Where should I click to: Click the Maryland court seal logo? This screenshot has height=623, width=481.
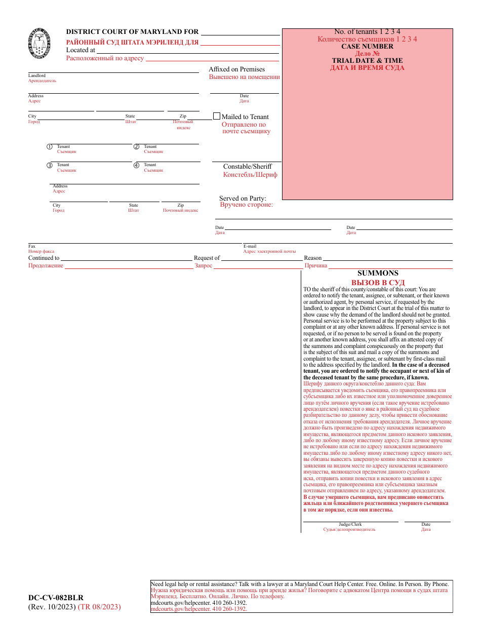click(x=40, y=45)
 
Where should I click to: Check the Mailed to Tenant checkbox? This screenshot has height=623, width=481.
click(x=217, y=116)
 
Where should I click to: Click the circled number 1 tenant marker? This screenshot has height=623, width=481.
click(x=50, y=147)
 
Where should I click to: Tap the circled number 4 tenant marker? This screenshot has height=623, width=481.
click(x=136, y=165)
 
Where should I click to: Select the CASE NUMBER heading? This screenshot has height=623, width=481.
click(x=367, y=46)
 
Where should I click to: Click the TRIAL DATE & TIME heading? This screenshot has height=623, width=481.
click(x=367, y=60)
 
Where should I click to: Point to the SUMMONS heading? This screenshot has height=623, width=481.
click(x=378, y=273)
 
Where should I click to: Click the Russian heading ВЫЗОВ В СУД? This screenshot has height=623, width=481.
click(x=378, y=282)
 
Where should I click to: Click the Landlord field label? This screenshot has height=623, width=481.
click(x=36, y=75)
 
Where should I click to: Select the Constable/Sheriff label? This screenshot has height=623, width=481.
click(x=248, y=166)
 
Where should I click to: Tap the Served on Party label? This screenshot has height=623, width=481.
click(x=243, y=198)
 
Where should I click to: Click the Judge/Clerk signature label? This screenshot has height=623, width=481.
click(x=350, y=524)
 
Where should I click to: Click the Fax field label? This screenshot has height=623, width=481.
click(x=32, y=246)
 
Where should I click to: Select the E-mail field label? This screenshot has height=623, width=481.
click(x=250, y=246)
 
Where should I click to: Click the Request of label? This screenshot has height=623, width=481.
click(x=207, y=258)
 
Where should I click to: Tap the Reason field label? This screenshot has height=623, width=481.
click(x=312, y=258)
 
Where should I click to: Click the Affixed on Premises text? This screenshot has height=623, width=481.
click(x=236, y=69)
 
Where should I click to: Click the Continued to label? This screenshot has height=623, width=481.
click(x=44, y=258)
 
